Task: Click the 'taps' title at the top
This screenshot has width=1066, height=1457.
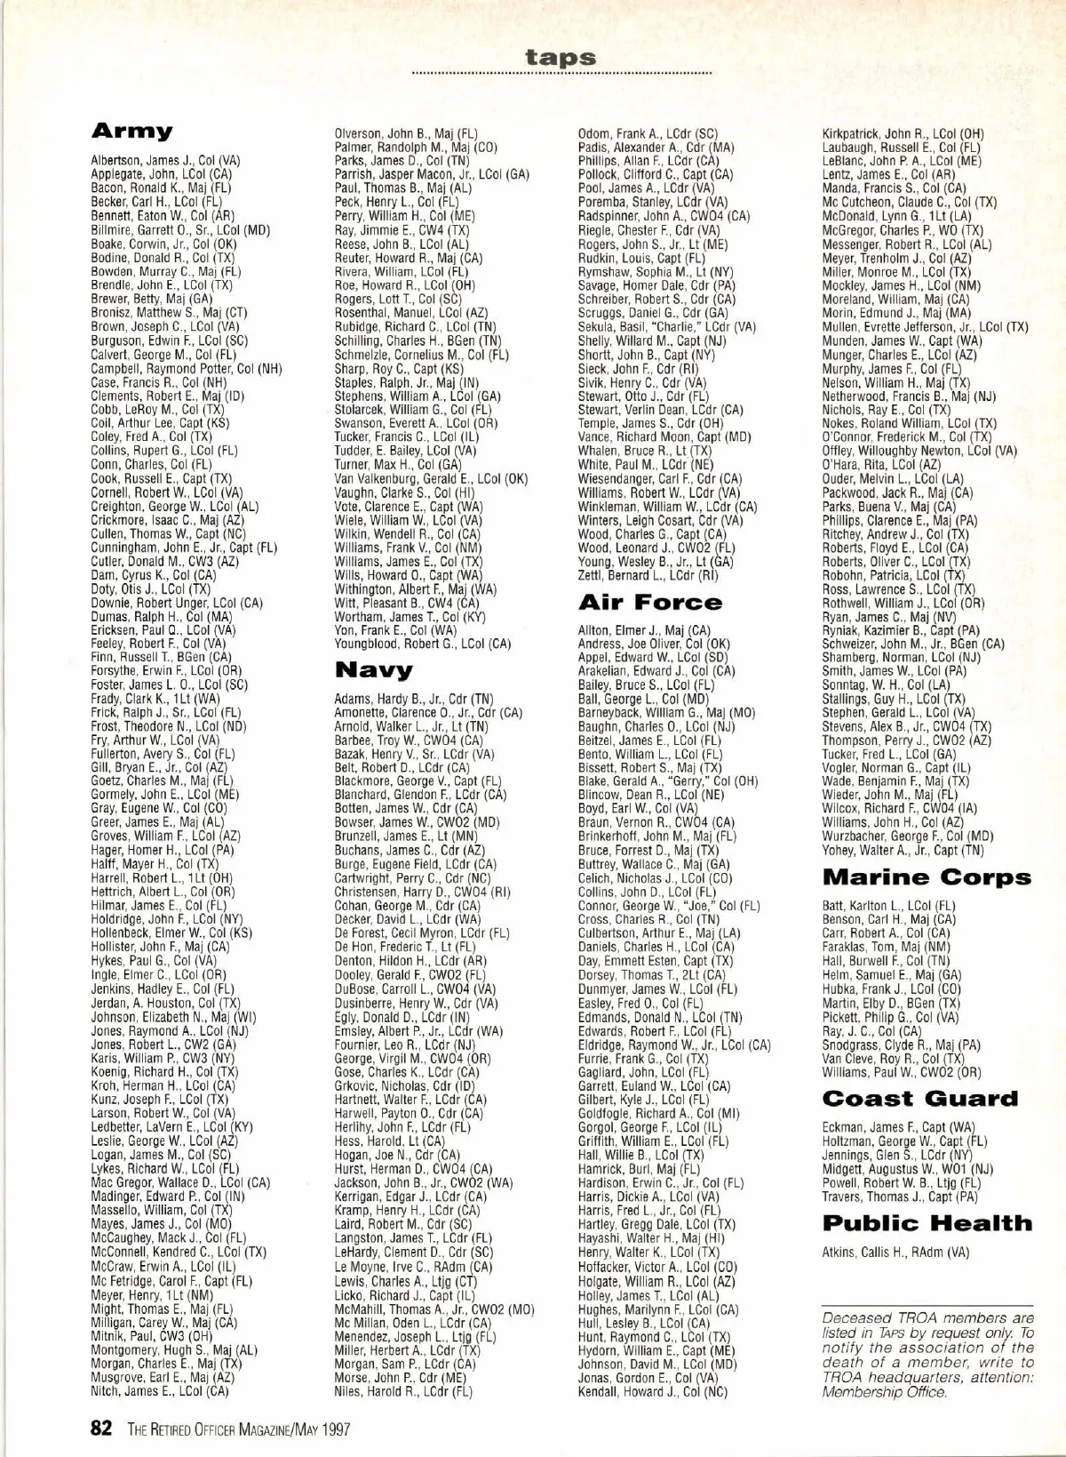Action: pyautogui.click(x=561, y=57)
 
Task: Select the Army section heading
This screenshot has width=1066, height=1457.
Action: pyautogui.click(x=131, y=132)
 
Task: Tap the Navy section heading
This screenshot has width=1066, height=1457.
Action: pyautogui.click(x=373, y=669)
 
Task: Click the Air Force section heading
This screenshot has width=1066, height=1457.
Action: pyautogui.click(x=649, y=603)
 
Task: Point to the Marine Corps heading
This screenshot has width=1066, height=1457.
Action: pyautogui.click(x=927, y=877)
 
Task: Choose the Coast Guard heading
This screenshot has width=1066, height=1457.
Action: pyautogui.click(x=920, y=1099)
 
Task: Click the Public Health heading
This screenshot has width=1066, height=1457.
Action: pyautogui.click(x=927, y=1223)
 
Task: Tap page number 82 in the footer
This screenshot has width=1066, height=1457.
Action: pyautogui.click(x=100, y=1429)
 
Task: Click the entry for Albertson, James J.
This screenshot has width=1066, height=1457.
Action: pyautogui.click(x=165, y=161)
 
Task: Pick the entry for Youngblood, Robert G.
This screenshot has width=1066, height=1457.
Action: pyautogui.click(x=422, y=644)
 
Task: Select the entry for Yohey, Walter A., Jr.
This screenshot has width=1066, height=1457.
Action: pyautogui.click(x=902, y=850)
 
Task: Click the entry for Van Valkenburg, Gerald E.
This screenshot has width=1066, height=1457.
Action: pyautogui.click(x=431, y=478)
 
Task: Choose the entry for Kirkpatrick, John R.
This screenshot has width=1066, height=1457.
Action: pyautogui.click(x=903, y=134)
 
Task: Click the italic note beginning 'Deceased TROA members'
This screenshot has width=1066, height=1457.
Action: pyautogui.click(x=927, y=1354)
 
